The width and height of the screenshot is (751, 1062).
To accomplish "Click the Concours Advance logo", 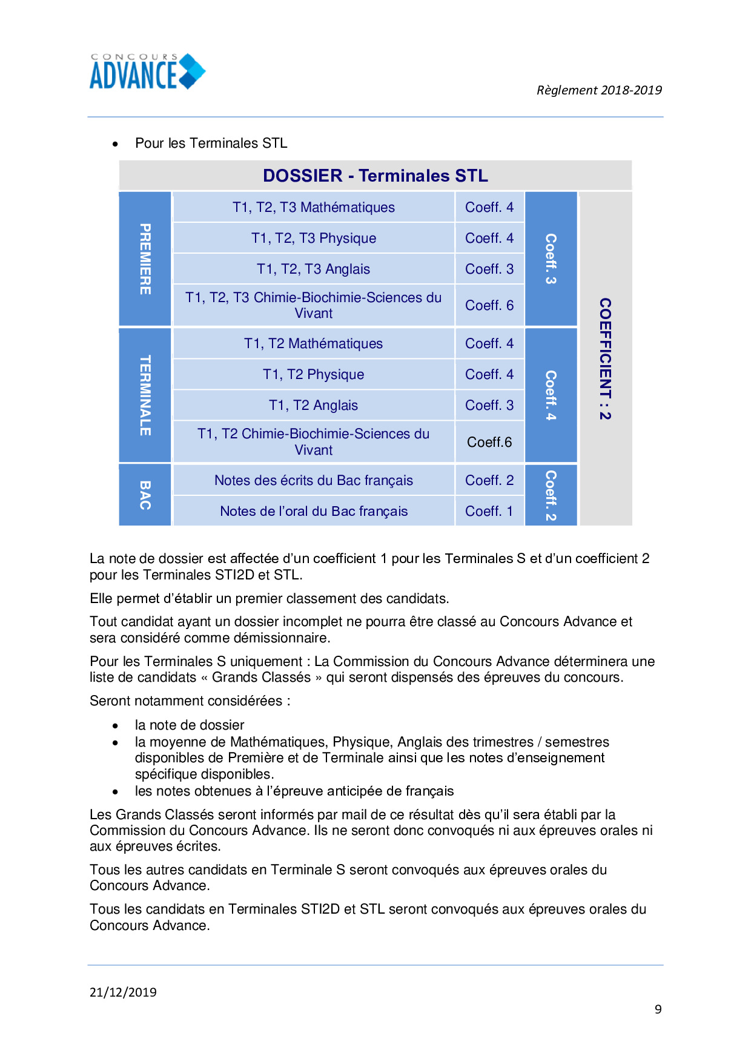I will pyautogui.click(x=147, y=72).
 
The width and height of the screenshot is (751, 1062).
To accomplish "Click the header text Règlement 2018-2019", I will pyautogui.click(x=598, y=90).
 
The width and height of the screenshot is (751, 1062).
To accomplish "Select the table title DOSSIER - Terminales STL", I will pyautogui.click(x=375, y=176).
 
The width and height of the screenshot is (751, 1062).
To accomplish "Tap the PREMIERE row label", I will pyautogui.click(x=145, y=259).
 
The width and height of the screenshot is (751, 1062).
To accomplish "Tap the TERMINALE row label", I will pyautogui.click(x=145, y=395).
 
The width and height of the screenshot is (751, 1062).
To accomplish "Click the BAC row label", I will pyautogui.click(x=145, y=495).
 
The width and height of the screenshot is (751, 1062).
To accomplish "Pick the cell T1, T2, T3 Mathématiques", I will pyautogui.click(x=313, y=208).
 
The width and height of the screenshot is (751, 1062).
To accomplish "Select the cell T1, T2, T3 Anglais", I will pyautogui.click(x=313, y=269).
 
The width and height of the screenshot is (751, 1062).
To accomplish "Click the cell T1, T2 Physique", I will pyautogui.click(x=313, y=375).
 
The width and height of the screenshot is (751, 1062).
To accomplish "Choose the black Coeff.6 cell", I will pyautogui.click(x=489, y=443).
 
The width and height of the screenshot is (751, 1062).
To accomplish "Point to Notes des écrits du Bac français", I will pyautogui.click(x=313, y=481).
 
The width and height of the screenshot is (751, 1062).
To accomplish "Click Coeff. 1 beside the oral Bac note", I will pyautogui.click(x=489, y=512).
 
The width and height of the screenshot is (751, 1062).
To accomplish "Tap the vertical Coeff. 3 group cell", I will pyautogui.click(x=551, y=259).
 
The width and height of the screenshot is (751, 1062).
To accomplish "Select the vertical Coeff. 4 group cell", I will pyautogui.click(x=551, y=395).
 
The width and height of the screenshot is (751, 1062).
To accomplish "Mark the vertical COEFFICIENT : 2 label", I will pyautogui.click(x=605, y=359).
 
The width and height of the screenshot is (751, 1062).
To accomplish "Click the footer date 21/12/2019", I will pyautogui.click(x=123, y=992).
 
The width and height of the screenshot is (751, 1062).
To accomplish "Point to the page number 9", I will pyautogui.click(x=658, y=1009).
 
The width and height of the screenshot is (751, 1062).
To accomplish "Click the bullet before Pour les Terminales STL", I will pyautogui.click(x=115, y=144).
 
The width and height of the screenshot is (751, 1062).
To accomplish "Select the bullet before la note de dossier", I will pyautogui.click(x=115, y=726).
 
